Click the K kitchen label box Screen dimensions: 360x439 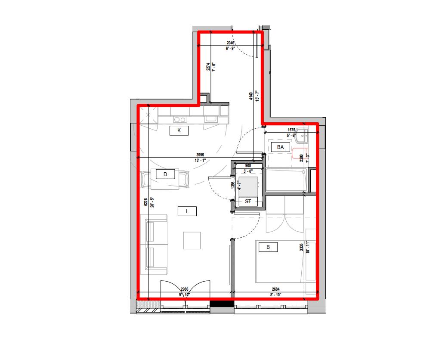(179, 130)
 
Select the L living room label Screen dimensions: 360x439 (187, 211)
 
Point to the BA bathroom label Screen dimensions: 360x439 (281, 147)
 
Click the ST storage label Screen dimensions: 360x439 (248, 201)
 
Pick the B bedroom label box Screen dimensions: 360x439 (268, 247)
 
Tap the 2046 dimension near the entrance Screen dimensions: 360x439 (231, 43)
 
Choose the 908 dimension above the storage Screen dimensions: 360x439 (247, 166)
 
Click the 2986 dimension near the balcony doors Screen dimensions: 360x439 (185, 289)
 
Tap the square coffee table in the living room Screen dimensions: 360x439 (192, 240)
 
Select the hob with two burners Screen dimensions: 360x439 (179, 120)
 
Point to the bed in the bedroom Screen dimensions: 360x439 (280, 261)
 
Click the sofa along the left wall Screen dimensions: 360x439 (156, 244)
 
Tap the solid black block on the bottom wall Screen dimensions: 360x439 (222, 304)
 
